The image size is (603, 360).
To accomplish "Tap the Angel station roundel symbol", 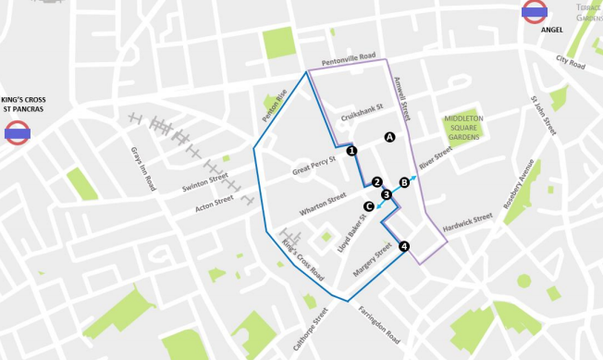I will (535, 12).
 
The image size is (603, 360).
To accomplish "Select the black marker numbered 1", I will (351, 150).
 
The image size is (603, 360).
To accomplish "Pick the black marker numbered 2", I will (377, 181).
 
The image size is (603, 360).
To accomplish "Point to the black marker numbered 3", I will (387, 193).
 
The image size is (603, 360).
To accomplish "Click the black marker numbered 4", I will (403, 246).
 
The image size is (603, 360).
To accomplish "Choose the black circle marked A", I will (389, 137).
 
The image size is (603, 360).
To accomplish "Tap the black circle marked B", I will (403, 181).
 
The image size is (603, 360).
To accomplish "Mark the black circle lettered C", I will (369, 205).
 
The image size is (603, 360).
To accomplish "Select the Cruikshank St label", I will (362, 118).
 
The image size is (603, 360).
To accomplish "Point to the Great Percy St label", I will (314, 170).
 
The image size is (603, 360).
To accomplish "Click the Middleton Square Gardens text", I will (462, 128).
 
